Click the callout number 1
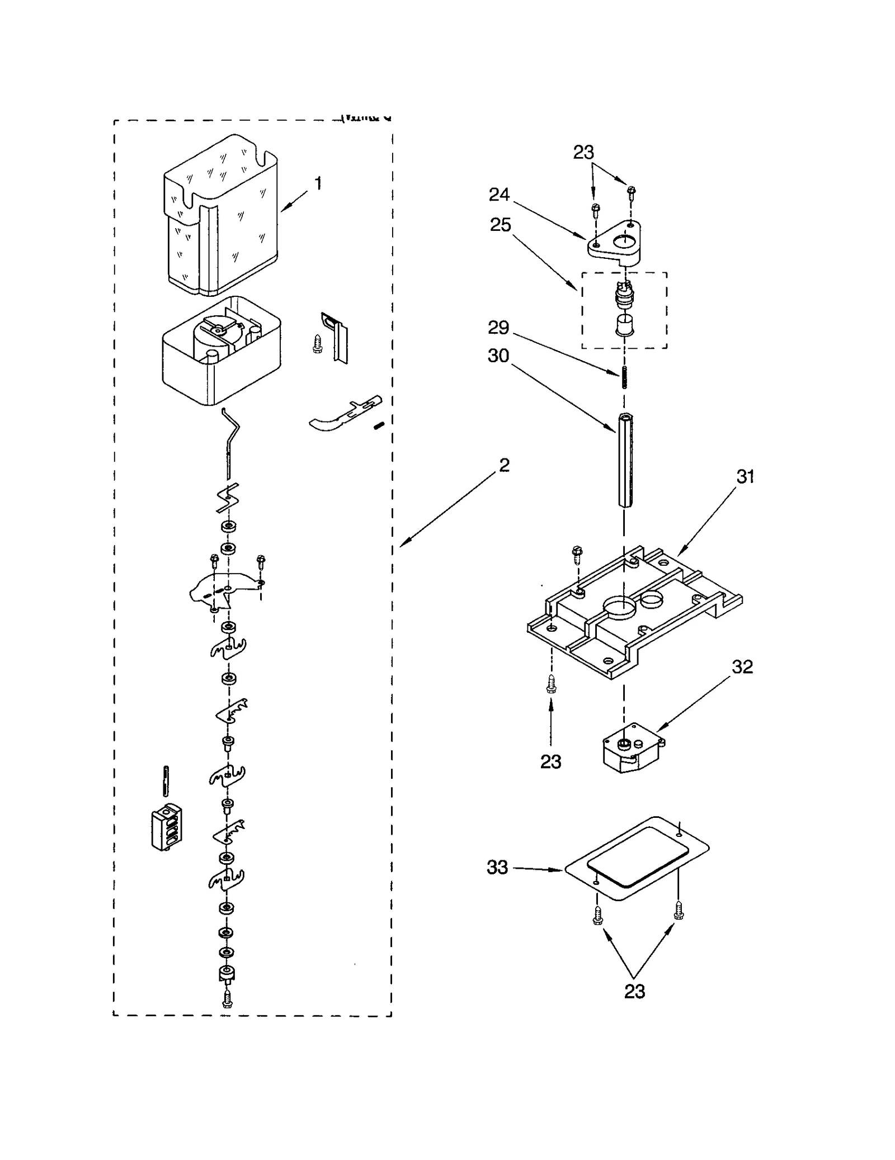(x=318, y=183)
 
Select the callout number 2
(x=504, y=465)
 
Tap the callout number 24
(x=499, y=195)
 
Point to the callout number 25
(x=500, y=225)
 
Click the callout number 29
(x=498, y=328)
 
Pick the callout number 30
(x=498, y=356)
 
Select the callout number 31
(x=745, y=476)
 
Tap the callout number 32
(x=742, y=666)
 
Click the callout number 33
(x=497, y=867)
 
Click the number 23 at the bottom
(x=634, y=991)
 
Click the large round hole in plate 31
(x=619, y=607)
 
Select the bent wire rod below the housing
(x=231, y=442)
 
